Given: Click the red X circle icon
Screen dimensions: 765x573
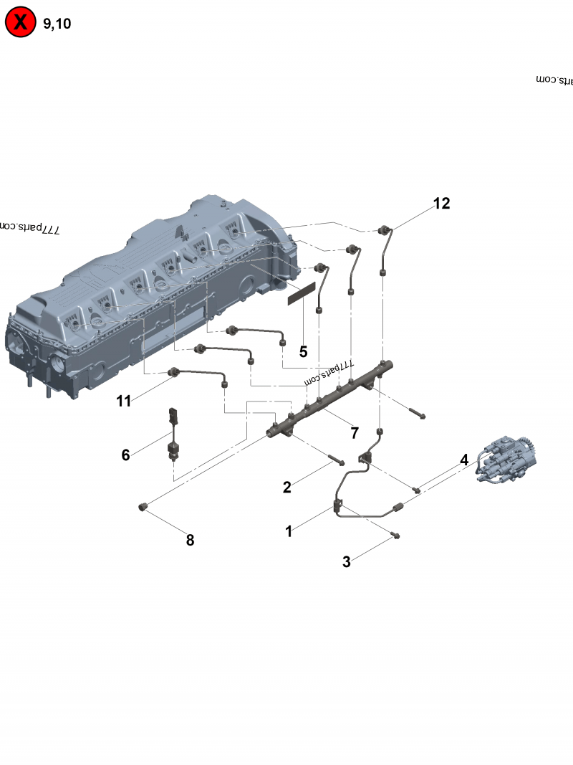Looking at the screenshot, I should coord(21,23).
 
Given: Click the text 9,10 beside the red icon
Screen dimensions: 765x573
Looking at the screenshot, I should coord(57,24).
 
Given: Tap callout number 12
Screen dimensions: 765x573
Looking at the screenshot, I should coord(441,204).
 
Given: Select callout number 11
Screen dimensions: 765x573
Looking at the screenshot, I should coord(124,401).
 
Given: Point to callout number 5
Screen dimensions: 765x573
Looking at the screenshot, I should coord(303,352).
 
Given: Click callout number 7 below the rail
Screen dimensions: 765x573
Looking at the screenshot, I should coord(354,432).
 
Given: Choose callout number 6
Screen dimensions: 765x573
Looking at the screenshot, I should coord(125,455).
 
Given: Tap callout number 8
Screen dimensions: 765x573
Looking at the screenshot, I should coord(190,541).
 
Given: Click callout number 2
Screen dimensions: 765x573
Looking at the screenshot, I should coord(286,488).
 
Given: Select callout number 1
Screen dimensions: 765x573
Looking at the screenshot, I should coord(289,531).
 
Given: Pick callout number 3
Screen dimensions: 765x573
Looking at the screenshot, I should coord(347,562).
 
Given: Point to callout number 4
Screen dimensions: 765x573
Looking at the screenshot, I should coord(464,460).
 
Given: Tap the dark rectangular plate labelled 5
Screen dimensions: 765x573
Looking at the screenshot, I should coord(302,294).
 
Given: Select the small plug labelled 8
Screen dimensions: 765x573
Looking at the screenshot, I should coord(143,508).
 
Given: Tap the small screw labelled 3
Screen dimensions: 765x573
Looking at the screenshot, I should coord(395,535).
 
